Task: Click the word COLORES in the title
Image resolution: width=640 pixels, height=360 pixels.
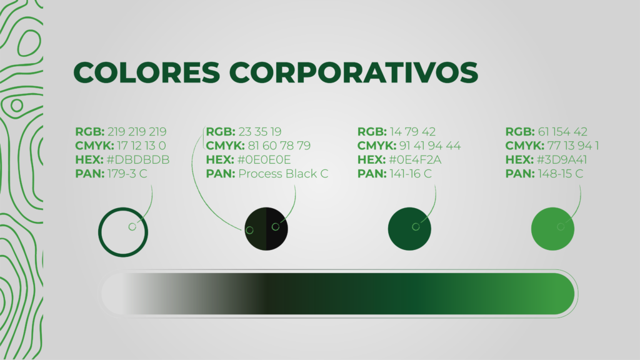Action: tap(147, 72)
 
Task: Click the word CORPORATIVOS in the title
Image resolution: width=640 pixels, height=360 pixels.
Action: tap(354, 72)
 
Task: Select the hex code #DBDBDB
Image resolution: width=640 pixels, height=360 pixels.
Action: tap(138, 159)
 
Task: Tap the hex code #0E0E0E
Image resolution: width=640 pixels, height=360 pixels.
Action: tap(264, 159)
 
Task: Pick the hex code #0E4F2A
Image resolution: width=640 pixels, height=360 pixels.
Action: tap(415, 159)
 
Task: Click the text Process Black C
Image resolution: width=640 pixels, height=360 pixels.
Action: tap(283, 174)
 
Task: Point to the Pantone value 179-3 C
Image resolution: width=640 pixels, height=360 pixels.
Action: tap(127, 174)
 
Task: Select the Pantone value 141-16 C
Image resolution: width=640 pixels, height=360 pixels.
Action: tap(410, 174)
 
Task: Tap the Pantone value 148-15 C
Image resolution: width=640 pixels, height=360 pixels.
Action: tap(561, 174)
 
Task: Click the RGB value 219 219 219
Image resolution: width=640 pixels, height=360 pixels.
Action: tap(137, 132)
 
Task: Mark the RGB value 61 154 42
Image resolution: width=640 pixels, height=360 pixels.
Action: tap(562, 132)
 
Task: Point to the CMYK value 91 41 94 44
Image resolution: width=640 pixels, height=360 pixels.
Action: tap(430, 146)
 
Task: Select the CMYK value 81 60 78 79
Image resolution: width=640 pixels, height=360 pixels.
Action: tap(279, 146)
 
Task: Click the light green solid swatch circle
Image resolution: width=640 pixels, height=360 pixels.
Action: tap(552, 229)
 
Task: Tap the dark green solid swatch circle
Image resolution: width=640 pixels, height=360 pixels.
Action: tap(409, 229)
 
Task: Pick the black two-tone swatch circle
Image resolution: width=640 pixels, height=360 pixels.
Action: tap(266, 229)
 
